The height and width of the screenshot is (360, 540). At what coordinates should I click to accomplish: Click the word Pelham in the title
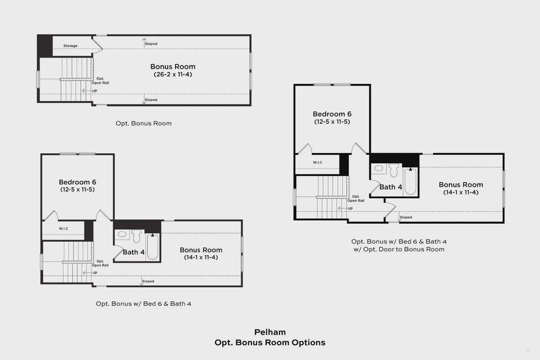269,332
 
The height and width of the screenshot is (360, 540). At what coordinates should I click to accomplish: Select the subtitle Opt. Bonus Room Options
269,343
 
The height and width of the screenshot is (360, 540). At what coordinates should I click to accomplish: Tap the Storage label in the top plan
70,46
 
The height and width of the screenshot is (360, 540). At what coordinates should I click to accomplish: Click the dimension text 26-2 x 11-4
172,74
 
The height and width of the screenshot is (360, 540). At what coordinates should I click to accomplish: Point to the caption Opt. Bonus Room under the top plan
143,123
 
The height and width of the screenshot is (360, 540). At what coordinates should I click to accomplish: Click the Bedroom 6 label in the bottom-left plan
77,182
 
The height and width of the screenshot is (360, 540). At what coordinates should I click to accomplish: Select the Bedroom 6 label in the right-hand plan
332,114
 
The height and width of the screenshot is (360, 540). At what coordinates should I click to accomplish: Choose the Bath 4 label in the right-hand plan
391,187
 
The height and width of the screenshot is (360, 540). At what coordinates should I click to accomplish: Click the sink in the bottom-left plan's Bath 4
122,235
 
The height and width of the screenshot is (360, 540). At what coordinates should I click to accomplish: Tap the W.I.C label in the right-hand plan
318,163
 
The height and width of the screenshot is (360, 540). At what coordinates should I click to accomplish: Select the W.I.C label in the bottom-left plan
63,229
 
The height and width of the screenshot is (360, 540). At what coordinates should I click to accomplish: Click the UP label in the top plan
94,91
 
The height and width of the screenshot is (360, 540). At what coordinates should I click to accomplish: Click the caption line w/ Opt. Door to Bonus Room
398,249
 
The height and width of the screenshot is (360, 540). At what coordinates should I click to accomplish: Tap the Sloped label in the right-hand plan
406,217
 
